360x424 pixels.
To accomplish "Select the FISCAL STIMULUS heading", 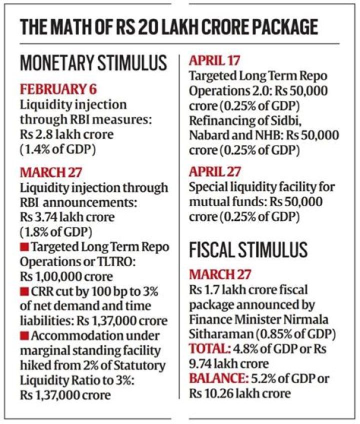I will pyautogui.click(x=248, y=249).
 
